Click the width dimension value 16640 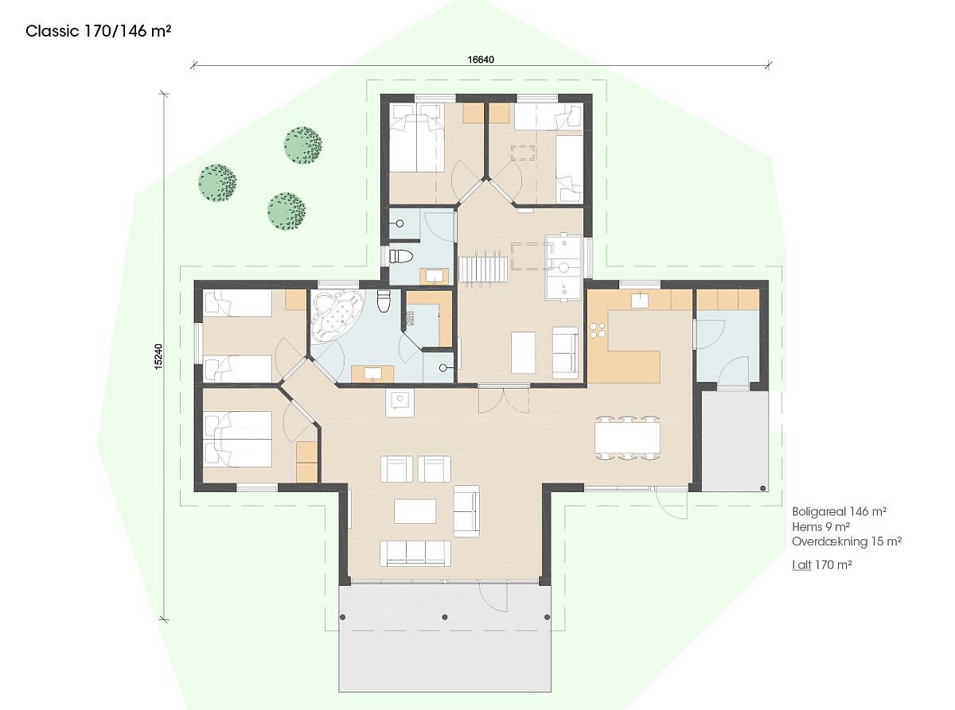(x=481, y=60)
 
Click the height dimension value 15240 (x=158, y=356)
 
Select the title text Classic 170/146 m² (x=98, y=32)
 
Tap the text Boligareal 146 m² (x=839, y=512)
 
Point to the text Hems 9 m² (x=821, y=526)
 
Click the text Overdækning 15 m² (x=847, y=541)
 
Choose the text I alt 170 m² (x=822, y=565)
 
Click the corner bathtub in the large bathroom (x=337, y=316)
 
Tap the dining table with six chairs (x=627, y=437)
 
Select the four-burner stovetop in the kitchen (x=598, y=330)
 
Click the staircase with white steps (x=481, y=269)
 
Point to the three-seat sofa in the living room (x=415, y=553)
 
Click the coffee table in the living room (x=415, y=511)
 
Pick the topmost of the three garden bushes (x=303, y=145)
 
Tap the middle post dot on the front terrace (x=445, y=617)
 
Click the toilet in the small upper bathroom (x=401, y=257)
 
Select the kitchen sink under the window (x=640, y=300)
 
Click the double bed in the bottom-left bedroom (x=238, y=440)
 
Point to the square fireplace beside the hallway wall (x=400, y=403)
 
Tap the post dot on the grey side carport (x=763, y=488)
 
